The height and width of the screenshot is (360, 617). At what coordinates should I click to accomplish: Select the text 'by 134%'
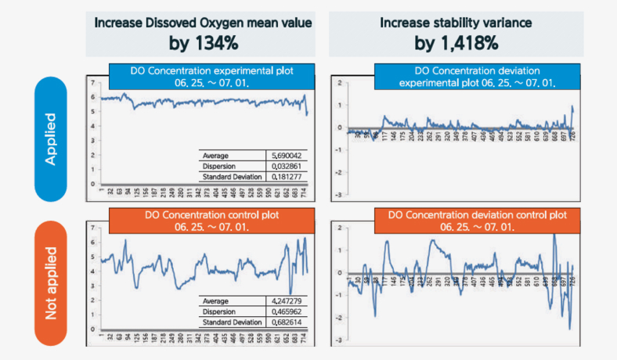[204, 43]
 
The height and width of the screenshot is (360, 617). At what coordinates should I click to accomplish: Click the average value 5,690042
[287, 155]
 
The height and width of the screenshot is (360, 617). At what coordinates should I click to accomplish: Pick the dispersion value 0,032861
[287, 166]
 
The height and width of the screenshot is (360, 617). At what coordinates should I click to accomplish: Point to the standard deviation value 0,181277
[287, 177]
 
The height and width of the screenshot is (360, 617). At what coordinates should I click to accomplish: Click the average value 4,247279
[287, 301]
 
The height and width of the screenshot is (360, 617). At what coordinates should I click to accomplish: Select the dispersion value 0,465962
[287, 311]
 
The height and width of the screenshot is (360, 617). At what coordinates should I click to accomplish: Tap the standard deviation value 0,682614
[287, 322]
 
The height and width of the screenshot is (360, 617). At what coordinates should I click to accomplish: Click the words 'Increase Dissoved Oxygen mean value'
[204, 22]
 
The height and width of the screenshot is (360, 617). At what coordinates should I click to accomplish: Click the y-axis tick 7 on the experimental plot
[92, 82]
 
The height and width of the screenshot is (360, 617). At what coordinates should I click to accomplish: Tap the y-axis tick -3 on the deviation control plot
[338, 341]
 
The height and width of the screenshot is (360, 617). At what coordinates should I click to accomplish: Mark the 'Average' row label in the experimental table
[215, 155]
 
